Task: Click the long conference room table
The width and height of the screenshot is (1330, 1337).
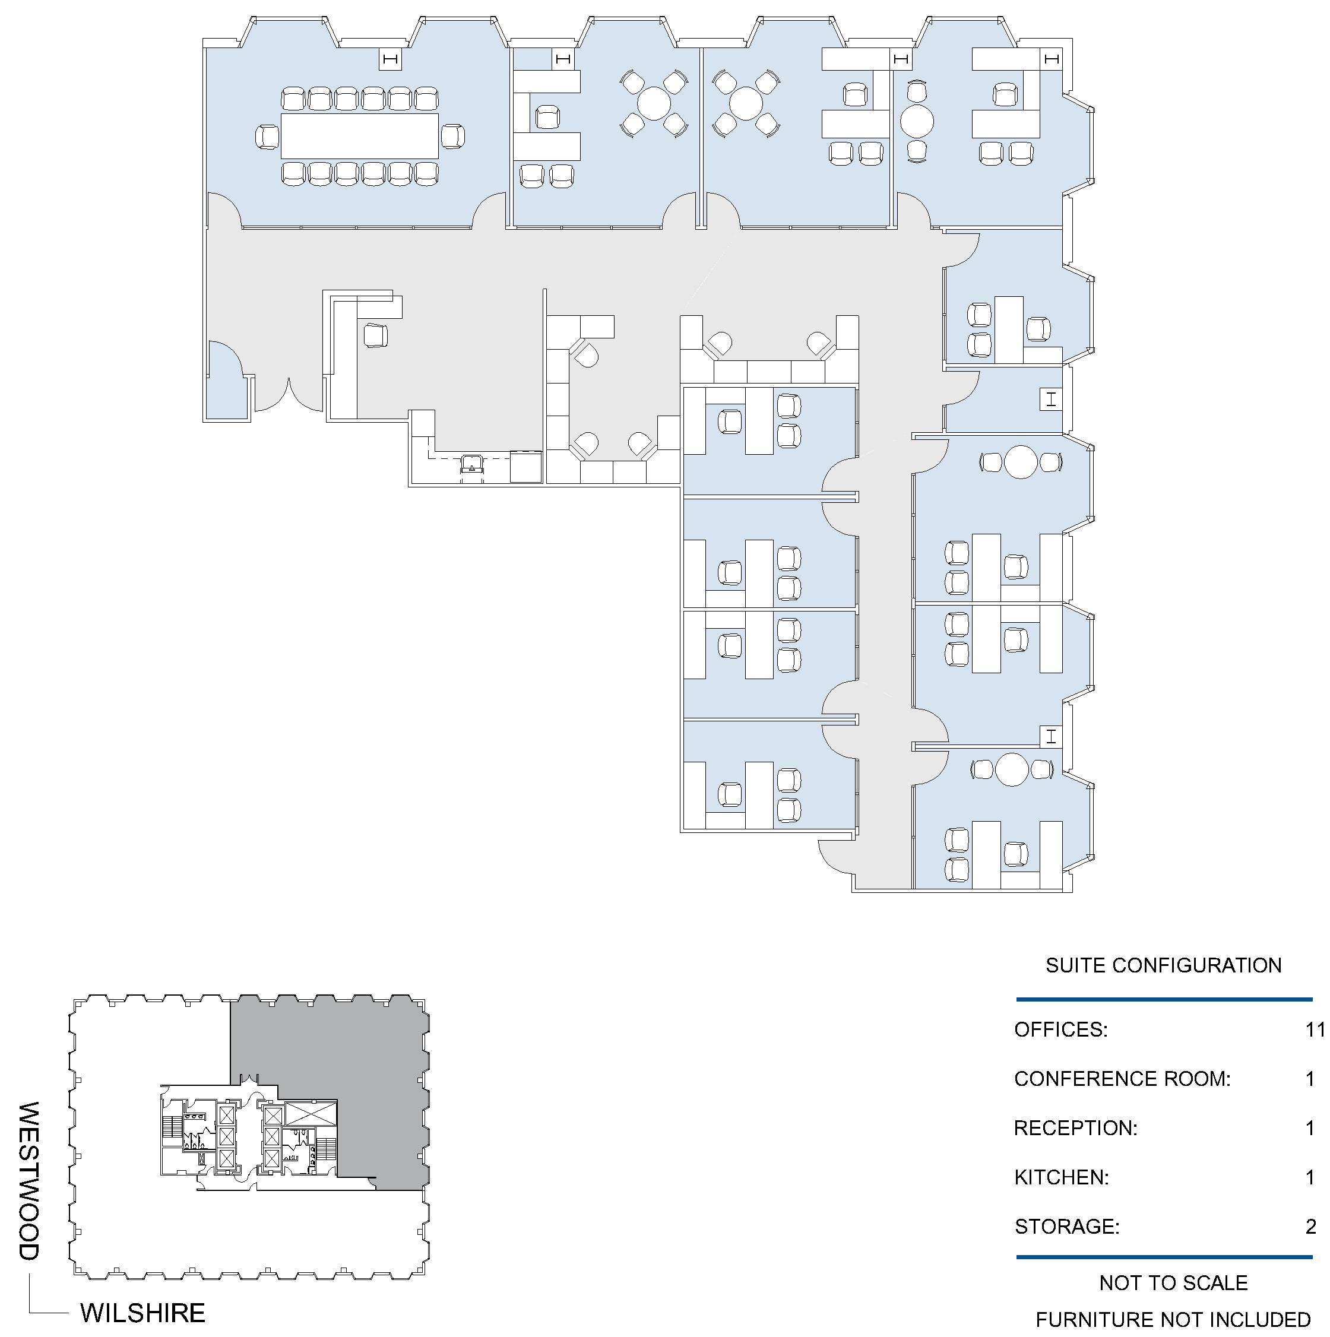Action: tap(359, 135)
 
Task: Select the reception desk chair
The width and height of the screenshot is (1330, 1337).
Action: tap(375, 335)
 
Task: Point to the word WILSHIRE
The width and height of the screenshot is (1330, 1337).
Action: tap(143, 1313)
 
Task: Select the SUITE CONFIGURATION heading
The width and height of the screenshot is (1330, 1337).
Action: tap(1164, 965)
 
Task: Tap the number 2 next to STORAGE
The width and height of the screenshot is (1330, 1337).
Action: tap(1310, 1226)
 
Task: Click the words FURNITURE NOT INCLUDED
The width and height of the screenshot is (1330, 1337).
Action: tap(1174, 1320)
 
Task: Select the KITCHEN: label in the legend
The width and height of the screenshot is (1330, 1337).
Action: tap(1062, 1177)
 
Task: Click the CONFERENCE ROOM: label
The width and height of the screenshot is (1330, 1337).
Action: tap(1122, 1079)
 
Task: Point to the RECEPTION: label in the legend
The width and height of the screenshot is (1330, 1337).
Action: tap(1075, 1128)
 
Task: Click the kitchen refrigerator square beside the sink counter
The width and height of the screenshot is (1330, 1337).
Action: tap(527, 465)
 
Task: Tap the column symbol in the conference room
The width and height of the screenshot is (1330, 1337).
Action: tap(390, 59)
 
